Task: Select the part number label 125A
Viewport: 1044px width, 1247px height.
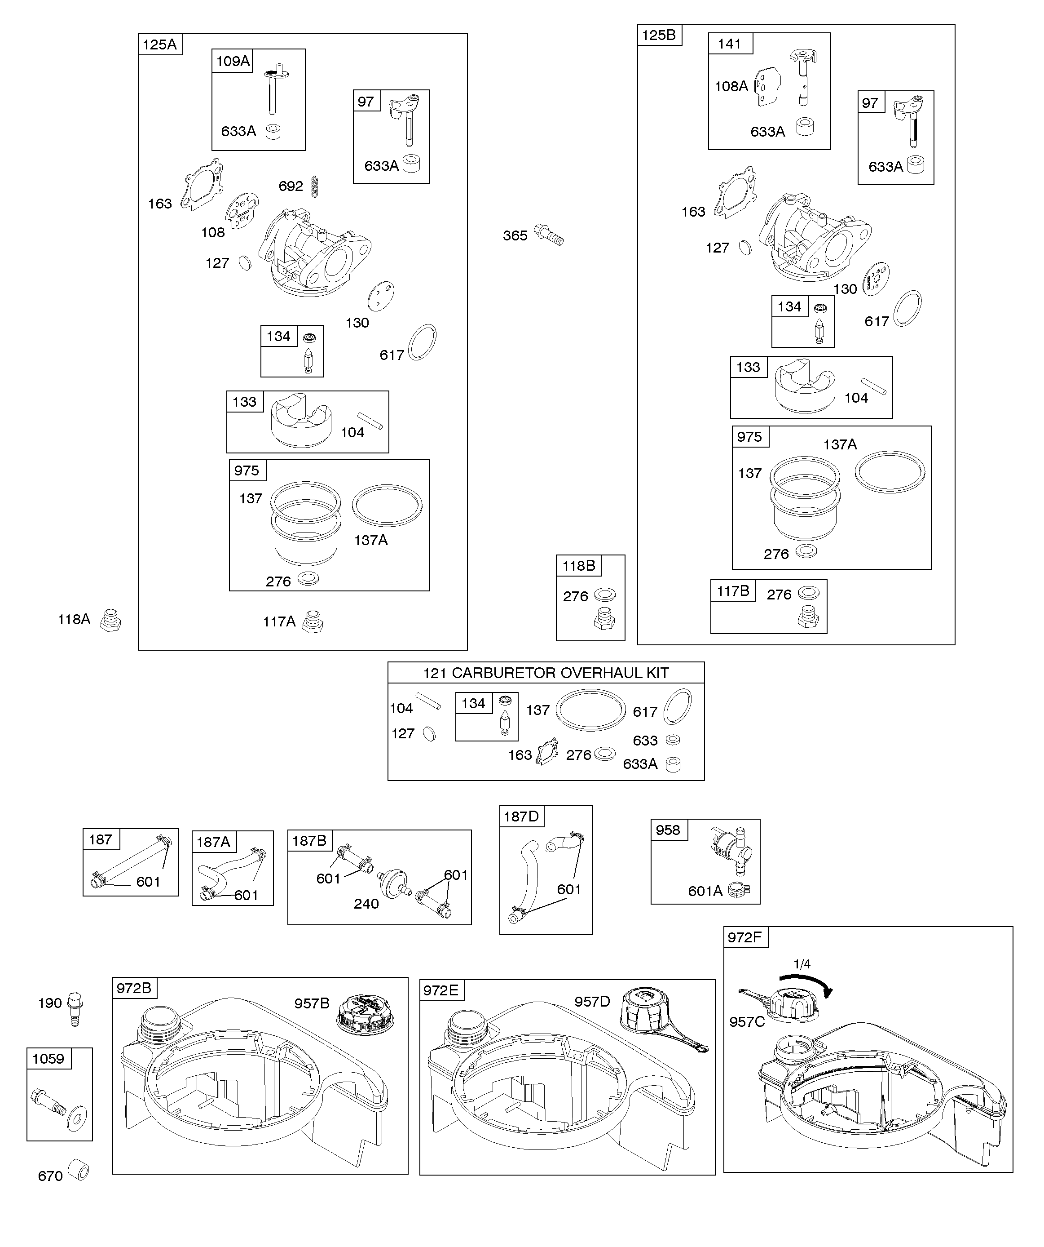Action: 160,44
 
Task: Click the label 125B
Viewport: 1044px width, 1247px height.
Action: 659,35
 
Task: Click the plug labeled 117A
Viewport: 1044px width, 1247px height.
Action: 313,622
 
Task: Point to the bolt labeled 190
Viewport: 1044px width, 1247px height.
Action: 75,1008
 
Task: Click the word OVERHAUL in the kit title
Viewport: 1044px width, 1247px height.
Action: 599,673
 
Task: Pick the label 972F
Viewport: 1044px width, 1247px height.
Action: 744,938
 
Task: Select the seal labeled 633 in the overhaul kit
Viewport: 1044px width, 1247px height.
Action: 673,740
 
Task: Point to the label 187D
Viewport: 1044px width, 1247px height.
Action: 521,817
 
